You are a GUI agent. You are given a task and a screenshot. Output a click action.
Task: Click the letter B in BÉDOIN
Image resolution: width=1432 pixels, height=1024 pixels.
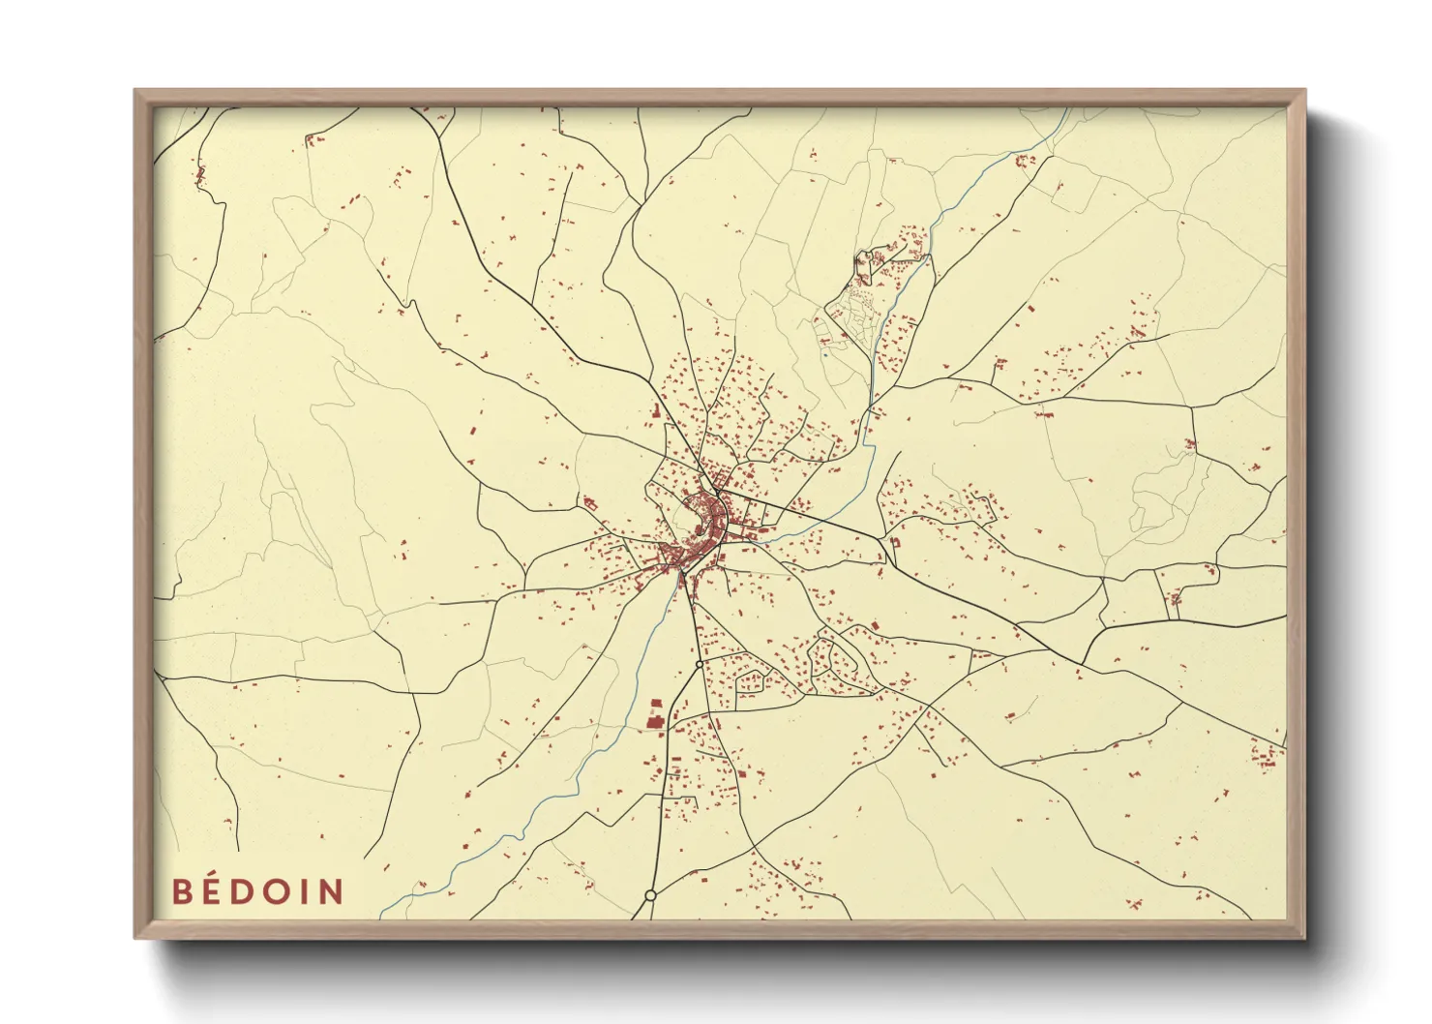tap(182, 891)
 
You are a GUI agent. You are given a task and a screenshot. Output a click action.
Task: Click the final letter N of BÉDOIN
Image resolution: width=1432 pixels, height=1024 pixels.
tap(331, 891)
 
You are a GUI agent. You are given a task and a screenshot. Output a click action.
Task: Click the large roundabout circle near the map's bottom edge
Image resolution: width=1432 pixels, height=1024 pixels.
tap(651, 896)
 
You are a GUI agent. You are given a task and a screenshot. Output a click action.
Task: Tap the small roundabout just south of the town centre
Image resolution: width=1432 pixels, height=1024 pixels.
tap(699, 665)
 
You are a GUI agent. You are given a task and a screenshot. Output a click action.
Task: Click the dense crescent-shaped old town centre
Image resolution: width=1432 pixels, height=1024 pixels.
tap(704, 527)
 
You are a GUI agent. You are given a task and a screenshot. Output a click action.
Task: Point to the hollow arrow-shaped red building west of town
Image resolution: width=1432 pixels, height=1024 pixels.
tap(588, 502)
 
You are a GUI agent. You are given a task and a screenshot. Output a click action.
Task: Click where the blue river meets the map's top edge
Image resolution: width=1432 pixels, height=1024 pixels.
tap(1068, 109)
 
